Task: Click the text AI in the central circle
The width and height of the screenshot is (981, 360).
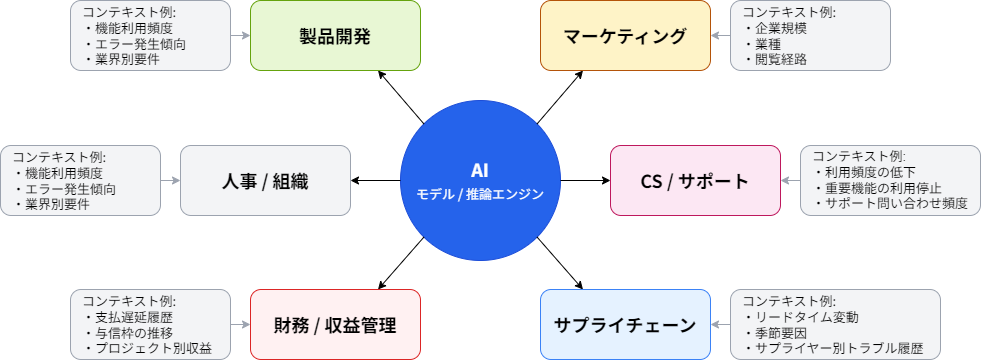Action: pyautogui.click(x=480, y=170)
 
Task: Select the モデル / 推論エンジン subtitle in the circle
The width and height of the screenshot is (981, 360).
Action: pyautogui.click(x=480, y=194)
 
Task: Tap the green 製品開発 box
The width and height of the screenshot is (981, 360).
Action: pyautogui.click(x=335, y=36)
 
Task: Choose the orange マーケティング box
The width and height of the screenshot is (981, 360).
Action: pyautogui.click(x=625, y=36)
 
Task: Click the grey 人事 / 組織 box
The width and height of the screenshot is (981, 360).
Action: pyautogui.click(x=265, y=181)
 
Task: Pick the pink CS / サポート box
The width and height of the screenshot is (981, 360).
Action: pyautogui.click(x=695, y=181)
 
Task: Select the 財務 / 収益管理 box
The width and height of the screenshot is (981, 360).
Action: pyautogui.click(x=335, y=325)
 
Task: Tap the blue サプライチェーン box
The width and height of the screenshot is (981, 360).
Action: pyautogui.click(x=625, y=325)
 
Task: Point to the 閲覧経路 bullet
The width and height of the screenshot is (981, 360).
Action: pyautogui.click(x=775, y=59)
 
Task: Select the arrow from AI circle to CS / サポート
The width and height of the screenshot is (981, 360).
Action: pyautogui.click(x=585, y=181)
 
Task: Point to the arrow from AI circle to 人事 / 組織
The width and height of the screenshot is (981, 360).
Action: pyautogui.click(x=376, y=181)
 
